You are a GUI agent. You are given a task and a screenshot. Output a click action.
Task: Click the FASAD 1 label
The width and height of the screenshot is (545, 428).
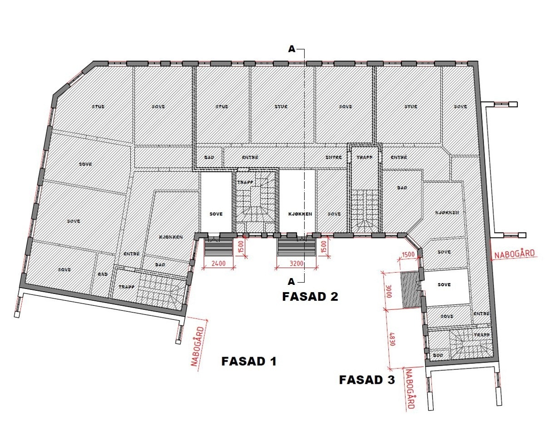coord(248,361)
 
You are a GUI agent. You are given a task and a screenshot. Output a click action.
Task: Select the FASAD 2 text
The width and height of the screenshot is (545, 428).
coord(310,297)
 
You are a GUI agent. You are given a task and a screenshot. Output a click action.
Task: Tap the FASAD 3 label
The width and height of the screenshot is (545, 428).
coord(367,380)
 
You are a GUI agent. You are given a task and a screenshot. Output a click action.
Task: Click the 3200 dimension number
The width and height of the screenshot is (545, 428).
coord(297,263)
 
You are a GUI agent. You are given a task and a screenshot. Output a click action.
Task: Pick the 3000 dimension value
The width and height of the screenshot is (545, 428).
coord(389,290)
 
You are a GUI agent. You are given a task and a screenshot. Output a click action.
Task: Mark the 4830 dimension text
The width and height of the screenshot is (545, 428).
coord(390,339)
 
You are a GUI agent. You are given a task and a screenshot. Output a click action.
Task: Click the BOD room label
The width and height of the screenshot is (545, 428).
coord(438,355)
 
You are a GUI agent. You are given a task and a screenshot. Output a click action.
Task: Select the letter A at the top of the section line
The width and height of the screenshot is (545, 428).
coord(292,49)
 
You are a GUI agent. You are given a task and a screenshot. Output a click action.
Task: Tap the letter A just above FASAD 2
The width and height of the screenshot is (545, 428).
coord(292,280)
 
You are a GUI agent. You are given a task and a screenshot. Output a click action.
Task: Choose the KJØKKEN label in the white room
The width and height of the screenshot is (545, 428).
coord(300,214)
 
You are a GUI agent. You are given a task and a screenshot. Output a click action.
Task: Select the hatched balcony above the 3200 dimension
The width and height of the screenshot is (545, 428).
coord(297,248)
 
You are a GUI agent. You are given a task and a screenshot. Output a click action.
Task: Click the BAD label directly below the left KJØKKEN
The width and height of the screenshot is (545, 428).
coord(160,264)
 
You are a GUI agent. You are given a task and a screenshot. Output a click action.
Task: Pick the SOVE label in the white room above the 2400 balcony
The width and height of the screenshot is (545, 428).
coord(216,214)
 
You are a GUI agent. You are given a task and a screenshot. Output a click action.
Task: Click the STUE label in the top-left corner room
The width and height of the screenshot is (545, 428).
coord(98,107)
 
